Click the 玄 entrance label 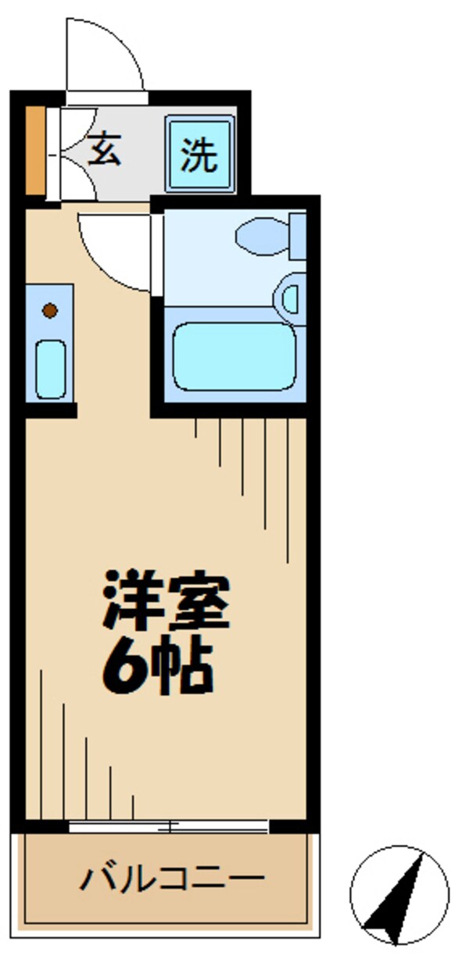pos(104,150)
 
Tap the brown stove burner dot pos(49,310)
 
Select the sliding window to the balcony pos(168,825)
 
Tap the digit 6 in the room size pos(124,666)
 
